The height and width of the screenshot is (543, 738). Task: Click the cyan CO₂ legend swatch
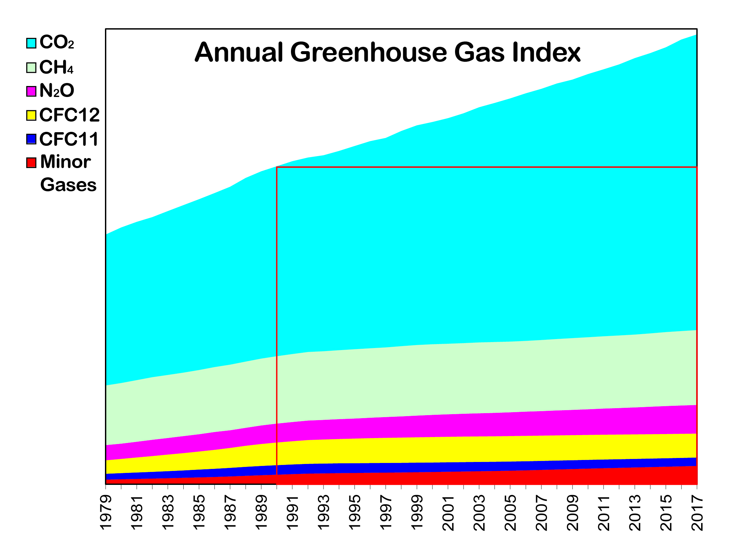(31, 43)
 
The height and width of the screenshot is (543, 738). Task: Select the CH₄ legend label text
(56, 67)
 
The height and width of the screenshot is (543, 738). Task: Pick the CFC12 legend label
(69, 115)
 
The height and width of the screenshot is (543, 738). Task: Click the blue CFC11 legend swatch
(31, 139)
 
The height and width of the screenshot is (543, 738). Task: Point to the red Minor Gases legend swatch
(31, 163)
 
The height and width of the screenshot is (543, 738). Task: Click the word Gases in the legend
(68, 185)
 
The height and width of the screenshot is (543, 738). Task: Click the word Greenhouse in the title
(369, 52)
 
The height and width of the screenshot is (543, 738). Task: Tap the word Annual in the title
(239, 52)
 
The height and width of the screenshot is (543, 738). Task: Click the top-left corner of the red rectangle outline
(277, 167)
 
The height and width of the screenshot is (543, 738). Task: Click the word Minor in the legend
(65, 162)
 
